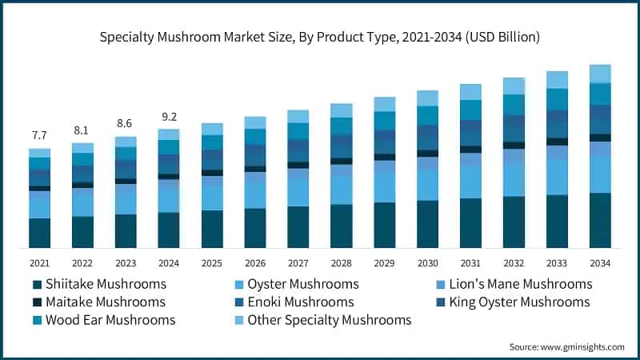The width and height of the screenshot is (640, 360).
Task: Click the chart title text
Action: tap(320, 37)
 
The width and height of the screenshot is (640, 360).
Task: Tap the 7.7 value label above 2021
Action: tap(39, 135)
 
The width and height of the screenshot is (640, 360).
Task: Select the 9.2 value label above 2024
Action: tap(168, 116)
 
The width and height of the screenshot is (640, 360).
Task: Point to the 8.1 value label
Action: tap(82, 130)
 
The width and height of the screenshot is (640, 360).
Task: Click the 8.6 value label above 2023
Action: tap(125, 124)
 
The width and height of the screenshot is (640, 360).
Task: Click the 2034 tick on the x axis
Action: tap(600, 262)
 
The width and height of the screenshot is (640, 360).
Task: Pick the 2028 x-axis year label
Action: tap(341, 262)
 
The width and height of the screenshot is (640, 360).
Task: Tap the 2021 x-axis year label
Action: tap(39, 262)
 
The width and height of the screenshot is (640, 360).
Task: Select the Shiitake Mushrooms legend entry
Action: tap(99, 284)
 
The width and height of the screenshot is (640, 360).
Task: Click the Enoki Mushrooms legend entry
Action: tap(301, 302)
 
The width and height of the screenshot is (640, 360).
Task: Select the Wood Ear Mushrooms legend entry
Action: tap(103, 320)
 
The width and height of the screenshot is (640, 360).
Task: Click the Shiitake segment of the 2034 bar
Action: tap(600, 220)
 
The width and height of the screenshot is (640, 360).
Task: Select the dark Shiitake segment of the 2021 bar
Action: tap(39, 232)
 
